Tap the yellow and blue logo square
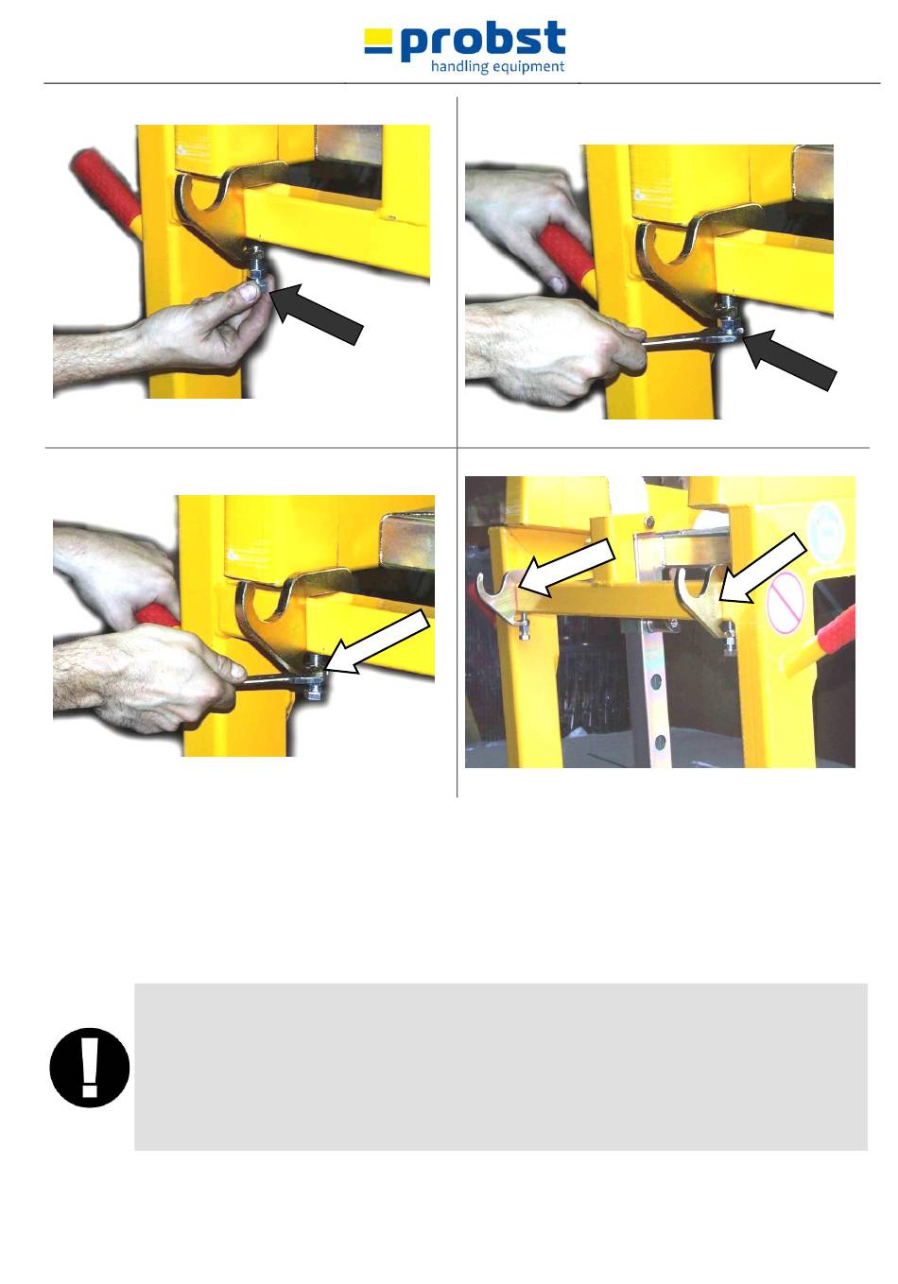(378, 42)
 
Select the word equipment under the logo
(528, 67)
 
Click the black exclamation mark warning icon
(90, 1067)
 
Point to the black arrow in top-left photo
(316, 313)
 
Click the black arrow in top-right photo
(789, 360)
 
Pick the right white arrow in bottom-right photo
(762, 568)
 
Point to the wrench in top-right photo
(692, 337)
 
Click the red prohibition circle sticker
(785, 603)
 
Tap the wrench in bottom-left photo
(281, 681)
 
